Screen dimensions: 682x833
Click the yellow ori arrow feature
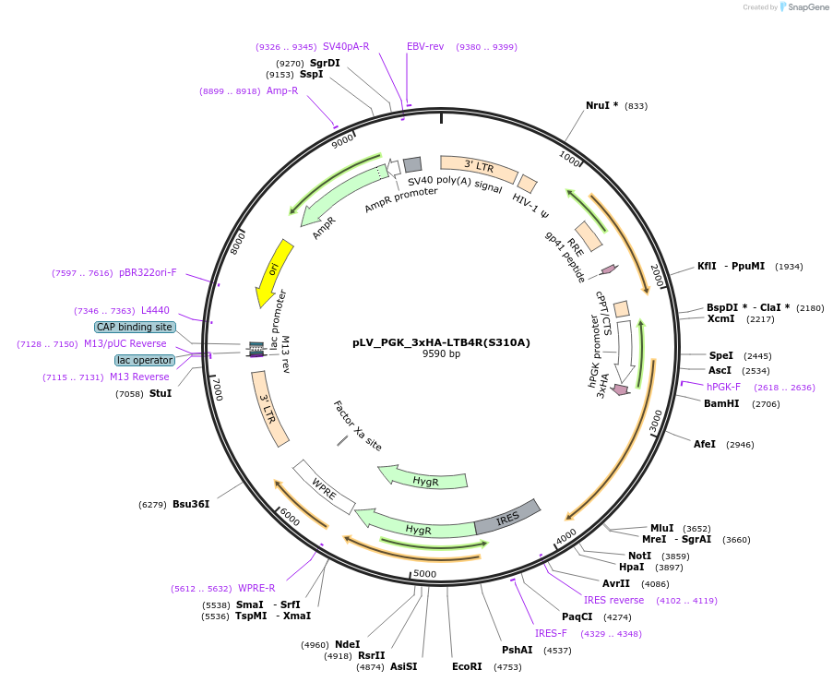274,272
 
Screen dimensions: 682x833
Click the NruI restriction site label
601,105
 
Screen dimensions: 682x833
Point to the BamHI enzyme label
721,403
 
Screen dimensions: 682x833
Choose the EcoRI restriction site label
467,665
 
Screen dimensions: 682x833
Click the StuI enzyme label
161,393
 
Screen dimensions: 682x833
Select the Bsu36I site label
191,504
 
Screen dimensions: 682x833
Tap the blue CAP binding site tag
135,327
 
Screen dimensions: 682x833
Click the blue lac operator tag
144,360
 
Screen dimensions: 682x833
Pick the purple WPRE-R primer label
256,588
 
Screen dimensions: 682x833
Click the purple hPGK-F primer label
724,387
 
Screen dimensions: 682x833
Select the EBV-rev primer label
425,46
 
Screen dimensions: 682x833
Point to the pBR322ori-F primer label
148,272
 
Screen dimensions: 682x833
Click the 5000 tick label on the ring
424,573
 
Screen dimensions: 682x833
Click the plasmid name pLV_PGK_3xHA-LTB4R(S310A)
441,341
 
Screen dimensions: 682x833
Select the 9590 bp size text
441,353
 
